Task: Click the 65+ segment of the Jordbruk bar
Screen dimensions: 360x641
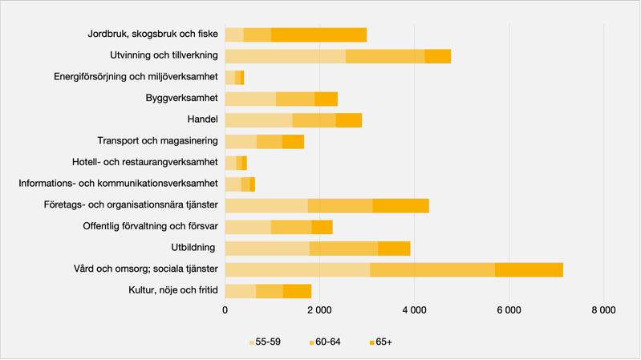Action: [318, 34]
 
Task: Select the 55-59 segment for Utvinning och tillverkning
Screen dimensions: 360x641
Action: [285, 56]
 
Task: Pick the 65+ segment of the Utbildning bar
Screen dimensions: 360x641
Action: [394, 248]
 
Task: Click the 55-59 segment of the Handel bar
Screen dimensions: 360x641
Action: [258, 120]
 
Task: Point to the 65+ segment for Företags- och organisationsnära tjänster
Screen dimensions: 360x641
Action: [400, 205]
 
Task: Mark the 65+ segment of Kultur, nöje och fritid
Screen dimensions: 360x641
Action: [297, 290]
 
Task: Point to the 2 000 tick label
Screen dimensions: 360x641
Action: [319, 310]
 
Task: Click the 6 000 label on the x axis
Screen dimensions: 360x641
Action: [509, 310]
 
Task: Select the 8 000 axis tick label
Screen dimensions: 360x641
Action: [603, 310]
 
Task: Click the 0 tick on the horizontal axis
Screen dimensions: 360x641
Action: [225, 310]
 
